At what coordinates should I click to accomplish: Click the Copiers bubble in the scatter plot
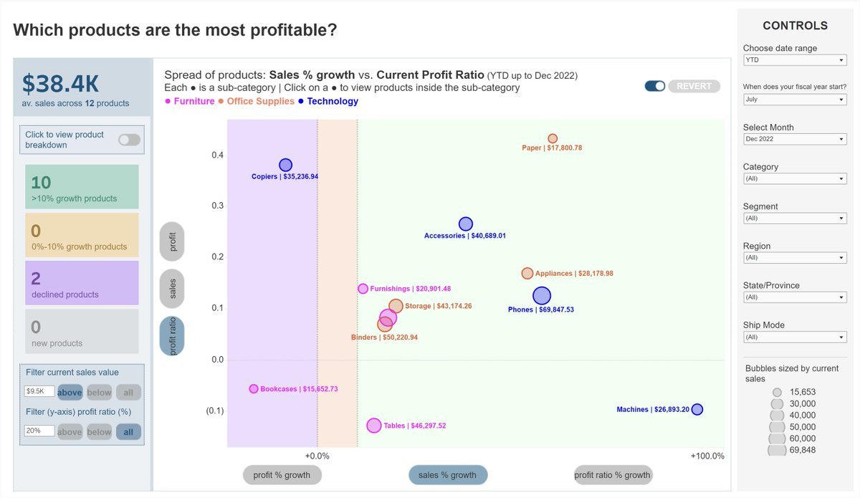tap(285, 165)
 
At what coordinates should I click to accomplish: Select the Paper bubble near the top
tap(553, 138)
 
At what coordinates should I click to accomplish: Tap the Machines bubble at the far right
tap(697, 409)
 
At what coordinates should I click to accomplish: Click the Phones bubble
tap(542, 295)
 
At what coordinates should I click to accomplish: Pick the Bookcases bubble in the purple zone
tap(254, 388)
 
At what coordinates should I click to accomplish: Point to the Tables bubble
tap(373, 426)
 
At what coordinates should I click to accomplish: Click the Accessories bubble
tap(466, 224)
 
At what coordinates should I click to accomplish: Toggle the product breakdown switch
tap(129, 140)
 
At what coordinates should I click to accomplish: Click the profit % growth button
tap(282, 474)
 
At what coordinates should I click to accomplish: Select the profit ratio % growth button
tap(612, 474)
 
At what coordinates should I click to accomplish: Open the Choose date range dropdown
tap(795, 60)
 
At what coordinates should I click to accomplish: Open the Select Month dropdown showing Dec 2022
tap(795, 139)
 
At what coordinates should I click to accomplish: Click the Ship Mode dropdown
tap(795, 337)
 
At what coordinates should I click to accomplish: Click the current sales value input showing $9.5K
tap(39, 392)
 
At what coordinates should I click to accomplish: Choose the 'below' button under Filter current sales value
tap(99, 392)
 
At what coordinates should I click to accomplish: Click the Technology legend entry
tap(332, 101)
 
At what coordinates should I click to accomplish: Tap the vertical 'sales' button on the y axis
tap(173, 288)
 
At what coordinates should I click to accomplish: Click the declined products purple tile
tap(82, 282)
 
